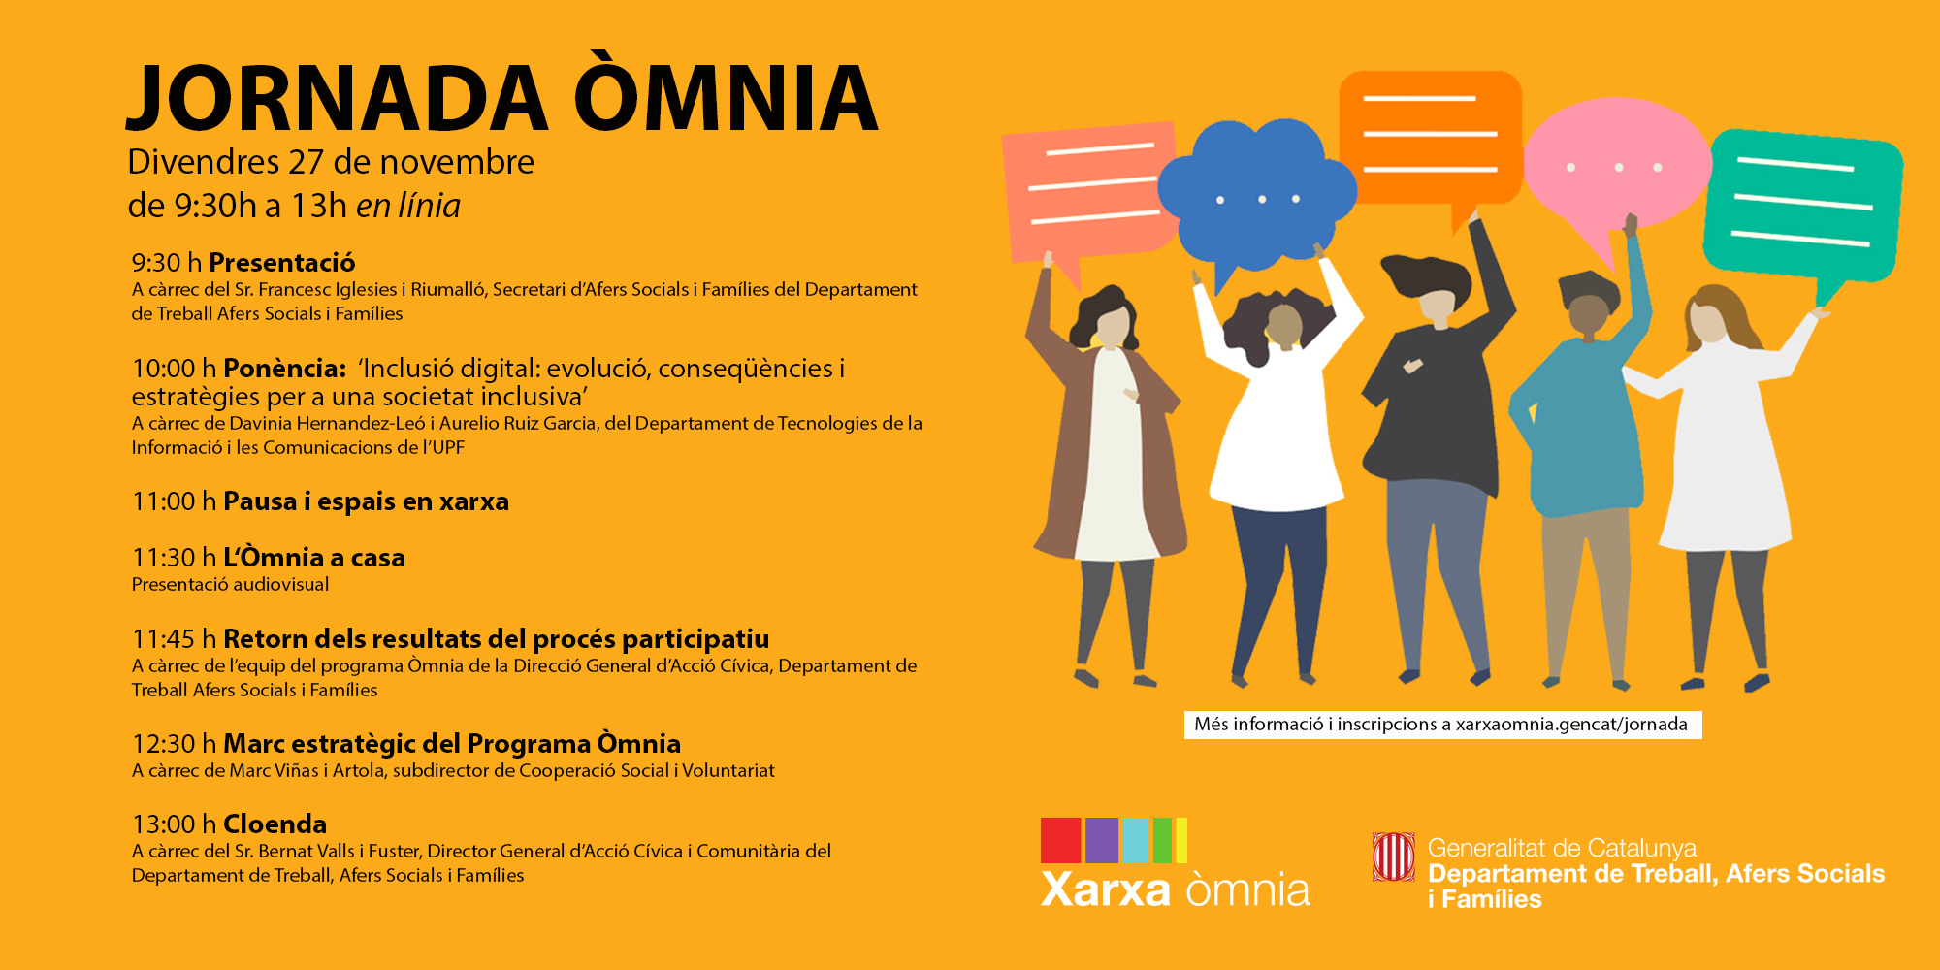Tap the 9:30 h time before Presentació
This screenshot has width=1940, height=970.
click(167, 263)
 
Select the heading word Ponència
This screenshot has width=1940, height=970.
click(284, 369)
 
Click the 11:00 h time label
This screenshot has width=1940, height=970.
click(175, 501)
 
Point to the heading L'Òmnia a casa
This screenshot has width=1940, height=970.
click(314, 558)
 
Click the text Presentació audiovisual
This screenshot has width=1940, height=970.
click(230, 584)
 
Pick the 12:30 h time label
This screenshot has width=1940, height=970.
click(175, 744)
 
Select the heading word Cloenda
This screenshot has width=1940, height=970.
click(275, 824)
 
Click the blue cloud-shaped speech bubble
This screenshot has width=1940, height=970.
click(1257, 194)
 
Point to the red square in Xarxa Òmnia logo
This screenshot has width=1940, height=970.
click(1060, 840)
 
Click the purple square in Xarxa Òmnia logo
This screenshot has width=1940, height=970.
click(1102, 840)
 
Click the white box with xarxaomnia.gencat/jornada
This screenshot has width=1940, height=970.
click(1442, 725)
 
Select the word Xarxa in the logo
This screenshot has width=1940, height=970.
click(1106, 889)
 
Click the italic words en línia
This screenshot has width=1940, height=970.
click(408, 206)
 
